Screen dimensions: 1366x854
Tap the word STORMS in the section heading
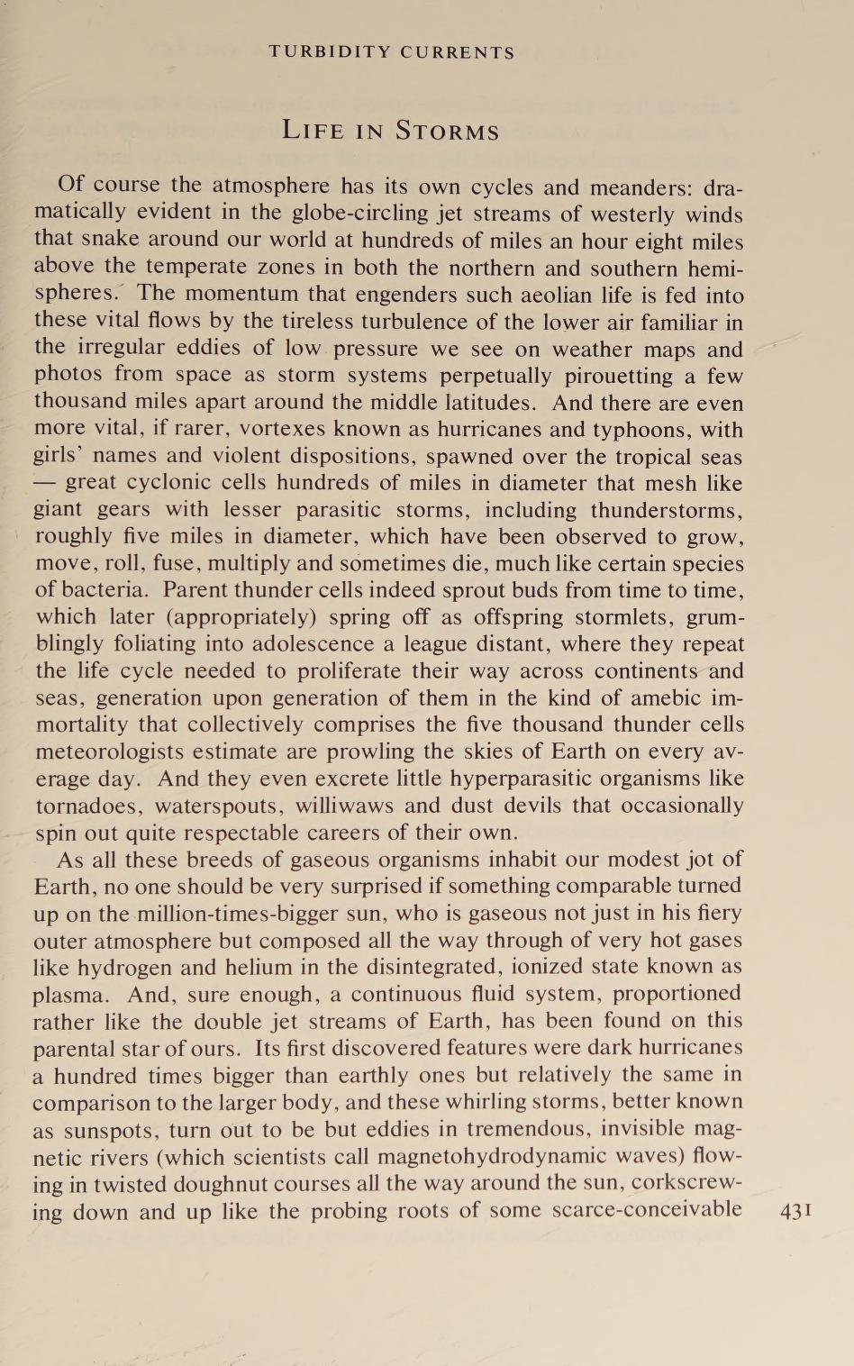point(447,132)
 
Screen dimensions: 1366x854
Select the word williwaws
point(349,806)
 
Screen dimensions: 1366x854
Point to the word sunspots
point(105,1129)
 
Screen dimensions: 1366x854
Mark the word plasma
point(72,996)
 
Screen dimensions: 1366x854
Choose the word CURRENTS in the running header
point(458,52)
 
